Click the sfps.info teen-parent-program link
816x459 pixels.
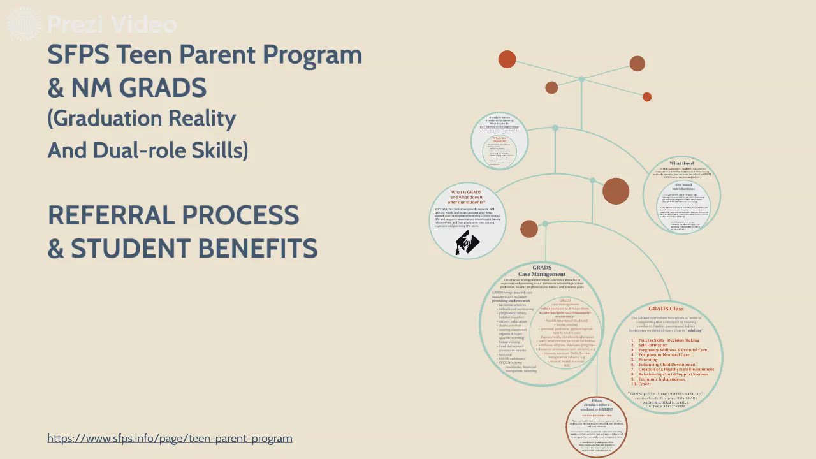click(x=170, y=439)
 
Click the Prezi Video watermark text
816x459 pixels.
click(x=112, y=25)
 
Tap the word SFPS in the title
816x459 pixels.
click(x=82, y=55)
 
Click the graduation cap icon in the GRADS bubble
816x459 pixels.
click(x=467, y=243)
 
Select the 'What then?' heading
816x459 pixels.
click(x=681, y=164)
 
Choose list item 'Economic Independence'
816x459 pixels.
click(x=667, y=379)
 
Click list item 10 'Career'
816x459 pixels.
click(x=645, y=384)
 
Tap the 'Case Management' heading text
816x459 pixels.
click(x=541, y=274)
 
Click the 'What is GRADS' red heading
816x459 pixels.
click(x=467, y=192)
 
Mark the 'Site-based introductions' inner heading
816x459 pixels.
click(x=683, y=187)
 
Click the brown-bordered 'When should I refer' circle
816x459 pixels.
click(x=597, y=426)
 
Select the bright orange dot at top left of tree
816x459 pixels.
click(x=507, y=59)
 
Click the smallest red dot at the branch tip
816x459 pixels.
click(x=647, y=97)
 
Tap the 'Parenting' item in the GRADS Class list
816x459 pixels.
click(x=648, y=360)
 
